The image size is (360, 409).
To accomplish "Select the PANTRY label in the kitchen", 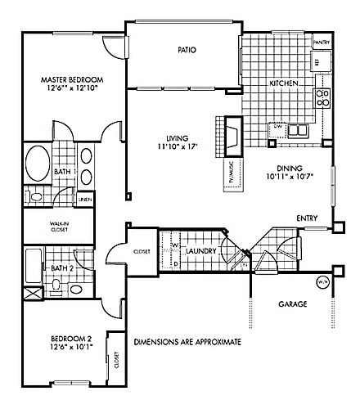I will coord(322,43).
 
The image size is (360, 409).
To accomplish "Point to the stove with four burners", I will coord(322,98).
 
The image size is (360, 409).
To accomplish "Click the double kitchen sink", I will coord(299,129).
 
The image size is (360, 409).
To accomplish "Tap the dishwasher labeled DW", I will coord(277,127).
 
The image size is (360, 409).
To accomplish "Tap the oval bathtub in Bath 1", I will coord(38,163).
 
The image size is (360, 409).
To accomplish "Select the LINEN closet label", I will coord(84,199).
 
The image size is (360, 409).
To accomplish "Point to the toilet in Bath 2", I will coord(56,285).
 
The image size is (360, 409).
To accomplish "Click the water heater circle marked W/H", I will coord(322,284).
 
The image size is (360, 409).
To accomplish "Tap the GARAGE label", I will coord(291,304).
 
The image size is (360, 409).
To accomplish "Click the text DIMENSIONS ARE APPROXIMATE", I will coord(187,341).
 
